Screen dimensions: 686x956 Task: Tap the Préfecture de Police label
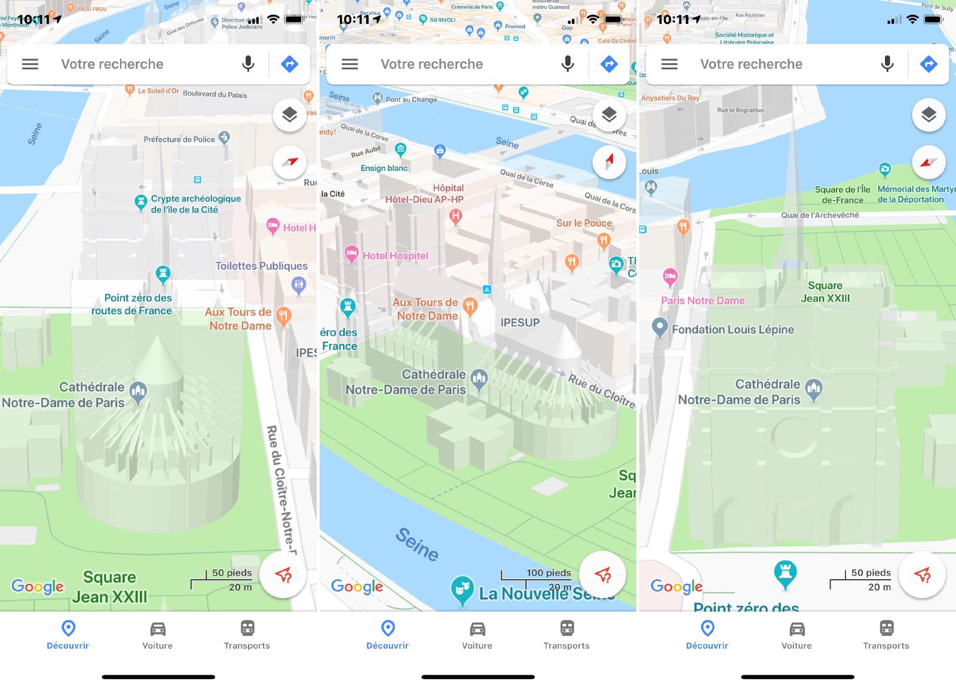click(x=179, y=139)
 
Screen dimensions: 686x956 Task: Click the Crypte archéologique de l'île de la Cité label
click(x=195, y=204)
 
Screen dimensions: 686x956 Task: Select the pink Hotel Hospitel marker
click(x=351, y=255)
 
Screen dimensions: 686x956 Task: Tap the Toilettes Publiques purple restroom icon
click(x=299, y=285)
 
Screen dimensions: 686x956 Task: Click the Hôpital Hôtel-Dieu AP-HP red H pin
click(x=456, y=216)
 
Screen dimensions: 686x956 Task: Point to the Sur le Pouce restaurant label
click(x=584, y=223)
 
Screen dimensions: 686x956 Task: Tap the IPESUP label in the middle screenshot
click(x=520, y=322)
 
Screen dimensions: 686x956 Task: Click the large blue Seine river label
click(x=417, y=544)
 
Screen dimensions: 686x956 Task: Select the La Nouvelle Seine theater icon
click(x=462, y=590)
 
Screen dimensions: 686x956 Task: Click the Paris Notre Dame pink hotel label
click(x=703, y=301)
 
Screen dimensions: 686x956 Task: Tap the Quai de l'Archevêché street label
click(x=820, y=215)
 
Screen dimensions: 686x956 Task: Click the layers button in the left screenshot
click(x=289, y=115)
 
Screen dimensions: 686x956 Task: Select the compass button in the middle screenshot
click(x=609, y=161)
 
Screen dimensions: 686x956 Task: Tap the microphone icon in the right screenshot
click(x=887, y=64)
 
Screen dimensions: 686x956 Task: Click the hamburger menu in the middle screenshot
click(x=350, y=64)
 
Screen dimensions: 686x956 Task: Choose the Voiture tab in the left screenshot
click(x=158, y=635)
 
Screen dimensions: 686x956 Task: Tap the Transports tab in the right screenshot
click(x=886, y=635)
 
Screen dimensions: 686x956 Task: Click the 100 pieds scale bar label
click(x=549, y=572)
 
